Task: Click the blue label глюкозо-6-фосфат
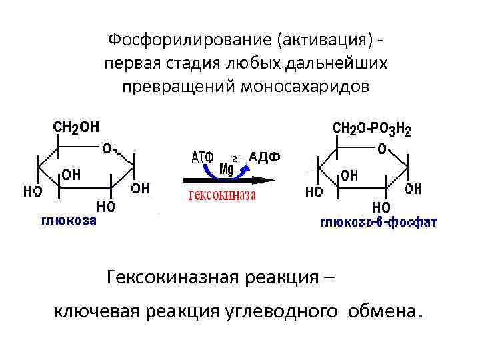pyautogui.click(x=379, y=222)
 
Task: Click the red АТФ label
pyautogui.click(x=202, y=157)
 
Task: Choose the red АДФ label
pyautogui.click(x=264, y=157)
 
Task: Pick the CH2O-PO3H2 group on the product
pyautogui.click(x=372, y=128)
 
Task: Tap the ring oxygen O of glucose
pyautogui.click(x=107, y=147)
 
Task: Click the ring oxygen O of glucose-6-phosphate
pyautogui.click(x=382, y=149)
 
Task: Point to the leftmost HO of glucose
pyautogui.click(x=33, y=191)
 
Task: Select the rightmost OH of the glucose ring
pyautogui.click(x=141, y=188)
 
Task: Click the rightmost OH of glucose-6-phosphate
pyautogui.click(x=413, y=189)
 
